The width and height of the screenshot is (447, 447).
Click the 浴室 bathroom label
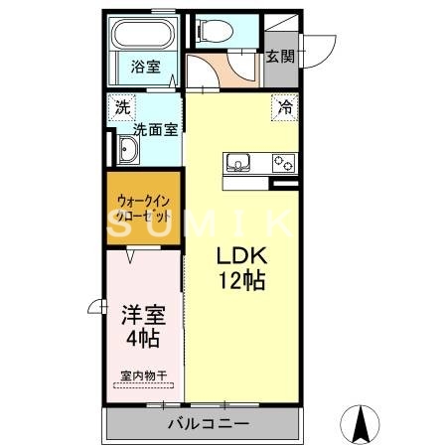click(x=146, y=68)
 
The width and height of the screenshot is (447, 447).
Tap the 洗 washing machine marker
click(x=120, y=106)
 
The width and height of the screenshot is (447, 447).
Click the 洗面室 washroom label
click(x=155, y=129)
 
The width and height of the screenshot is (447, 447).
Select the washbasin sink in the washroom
click(x=127, y=150)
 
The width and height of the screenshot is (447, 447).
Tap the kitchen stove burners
click(x=284, y=163)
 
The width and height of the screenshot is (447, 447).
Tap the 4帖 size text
click(x=144, y=339)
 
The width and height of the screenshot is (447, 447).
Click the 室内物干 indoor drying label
click(x=144, y=375)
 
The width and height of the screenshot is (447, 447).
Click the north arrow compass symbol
click(x=363, y=424)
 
